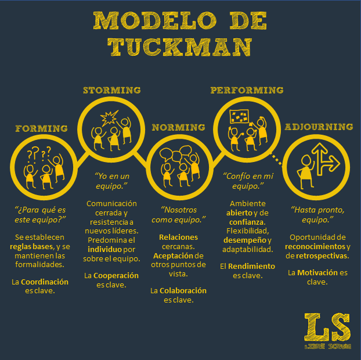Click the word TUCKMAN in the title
[x=180, y=47]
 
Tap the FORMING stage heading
[x=41, y=128]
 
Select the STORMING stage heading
[x=112, y=90]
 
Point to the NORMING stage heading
[x=178, y=127]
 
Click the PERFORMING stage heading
[x=247, y=90]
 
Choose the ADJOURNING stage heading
[x=319, y=127]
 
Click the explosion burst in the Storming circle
[x=109, y=118]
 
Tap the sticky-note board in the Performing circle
[x=239, y=116]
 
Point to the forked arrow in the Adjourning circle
[x=325, y=159]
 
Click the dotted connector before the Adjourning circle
[x=276, y=159]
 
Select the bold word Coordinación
[x=45, y=282]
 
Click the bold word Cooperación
[x=116, y=276]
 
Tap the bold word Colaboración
[x=183, y=291]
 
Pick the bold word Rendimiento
[x=251, y=267]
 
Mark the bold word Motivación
[x=317, y=273]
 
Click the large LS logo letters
[x=327, y=327]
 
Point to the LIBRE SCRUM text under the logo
[x=328, y=346]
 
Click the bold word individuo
[x=104, y=250]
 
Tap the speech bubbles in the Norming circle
[x=176, y=153]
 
